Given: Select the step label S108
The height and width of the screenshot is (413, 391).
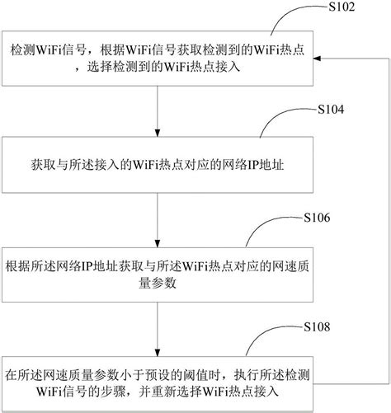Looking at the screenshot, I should [318, 327].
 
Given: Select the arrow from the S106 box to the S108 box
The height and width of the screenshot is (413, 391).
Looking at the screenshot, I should [157, 329].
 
